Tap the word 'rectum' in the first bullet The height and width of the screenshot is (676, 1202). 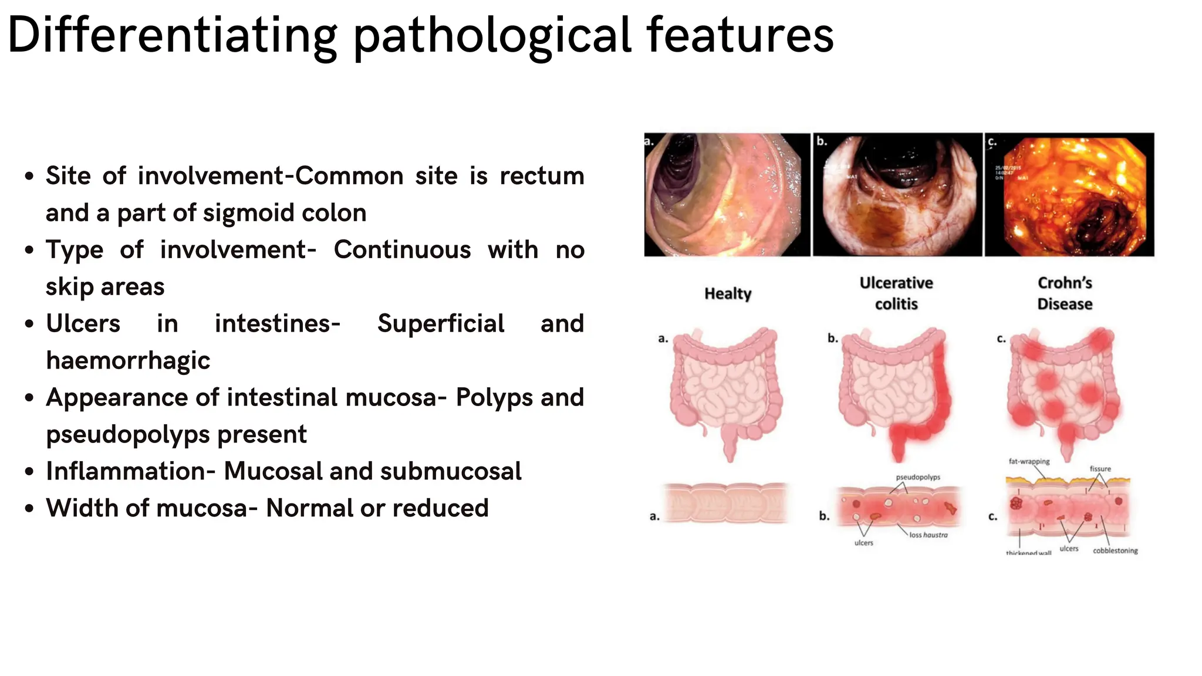542,176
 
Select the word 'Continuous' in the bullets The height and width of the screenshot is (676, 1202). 402,250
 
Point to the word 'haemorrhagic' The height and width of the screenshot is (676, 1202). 128,360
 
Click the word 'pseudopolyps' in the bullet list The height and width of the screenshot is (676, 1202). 176,434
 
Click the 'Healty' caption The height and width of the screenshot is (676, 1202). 728,293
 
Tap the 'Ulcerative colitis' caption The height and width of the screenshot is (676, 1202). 896,293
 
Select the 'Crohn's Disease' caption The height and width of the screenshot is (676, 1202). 1065,293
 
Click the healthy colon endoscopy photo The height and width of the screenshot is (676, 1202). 727,195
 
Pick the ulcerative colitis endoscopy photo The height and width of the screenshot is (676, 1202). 897,195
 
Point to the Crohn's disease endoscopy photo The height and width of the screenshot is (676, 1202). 1069,195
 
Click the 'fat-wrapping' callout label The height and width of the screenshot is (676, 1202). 1029,461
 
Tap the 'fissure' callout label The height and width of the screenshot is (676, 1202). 1100,469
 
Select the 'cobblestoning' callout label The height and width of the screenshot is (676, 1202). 1115,550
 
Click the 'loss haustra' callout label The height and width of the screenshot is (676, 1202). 928,535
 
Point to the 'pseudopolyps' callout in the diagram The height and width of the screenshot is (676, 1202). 918,477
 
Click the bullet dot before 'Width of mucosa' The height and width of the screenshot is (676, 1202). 29,509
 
